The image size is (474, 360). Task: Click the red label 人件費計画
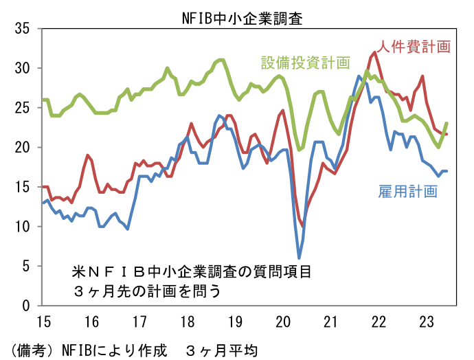coord(414,47)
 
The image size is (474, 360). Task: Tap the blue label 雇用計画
coord(407,191)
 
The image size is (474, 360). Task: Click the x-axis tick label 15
coord(43,322)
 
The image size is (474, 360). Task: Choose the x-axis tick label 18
coord(187,322)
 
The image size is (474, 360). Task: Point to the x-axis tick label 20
coord(282,322)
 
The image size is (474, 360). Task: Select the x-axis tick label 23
coord(426,322)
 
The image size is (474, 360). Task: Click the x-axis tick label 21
coord(330,322)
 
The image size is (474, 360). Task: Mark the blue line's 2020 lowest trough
coord(300,258)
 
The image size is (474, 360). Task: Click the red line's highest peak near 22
coord(374,52)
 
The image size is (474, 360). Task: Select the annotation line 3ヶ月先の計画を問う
coord(147,291)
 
